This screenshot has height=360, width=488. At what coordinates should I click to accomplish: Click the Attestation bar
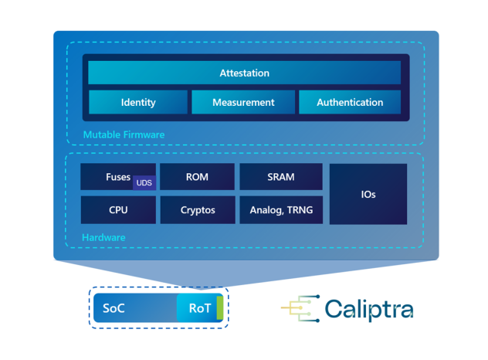tap(244, 73)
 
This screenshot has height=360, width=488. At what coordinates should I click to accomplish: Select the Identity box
tap(138, 102)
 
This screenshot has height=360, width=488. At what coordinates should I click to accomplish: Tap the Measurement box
tap(243, 102)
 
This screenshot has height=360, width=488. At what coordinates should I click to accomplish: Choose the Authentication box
tap(350, 102)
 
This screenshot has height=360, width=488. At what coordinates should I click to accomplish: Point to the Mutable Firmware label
tap(124, 134)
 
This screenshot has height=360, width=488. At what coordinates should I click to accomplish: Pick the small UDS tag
tap(144, 183)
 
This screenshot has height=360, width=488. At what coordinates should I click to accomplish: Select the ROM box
tap(198, 177)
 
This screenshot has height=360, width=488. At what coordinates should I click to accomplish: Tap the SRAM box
tap(281, 177)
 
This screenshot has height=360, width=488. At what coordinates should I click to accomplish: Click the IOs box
tap(368, 194)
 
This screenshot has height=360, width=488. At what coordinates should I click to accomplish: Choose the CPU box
tap(118, 209)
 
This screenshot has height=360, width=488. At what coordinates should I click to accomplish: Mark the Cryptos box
tap(198, 209)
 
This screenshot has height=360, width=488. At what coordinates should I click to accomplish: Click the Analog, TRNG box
tap(281, 209)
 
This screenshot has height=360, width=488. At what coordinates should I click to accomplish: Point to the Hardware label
tap(103, 237)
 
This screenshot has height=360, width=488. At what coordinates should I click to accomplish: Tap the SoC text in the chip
tap(114, 308)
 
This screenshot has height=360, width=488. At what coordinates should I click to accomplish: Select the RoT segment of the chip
tap(198, 308)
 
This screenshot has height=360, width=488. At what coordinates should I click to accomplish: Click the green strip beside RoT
tap(220, 308)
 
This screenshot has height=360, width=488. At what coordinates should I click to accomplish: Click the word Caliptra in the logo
tap(368, 309)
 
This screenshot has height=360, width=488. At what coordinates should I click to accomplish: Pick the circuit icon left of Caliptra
tap(300, 308)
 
